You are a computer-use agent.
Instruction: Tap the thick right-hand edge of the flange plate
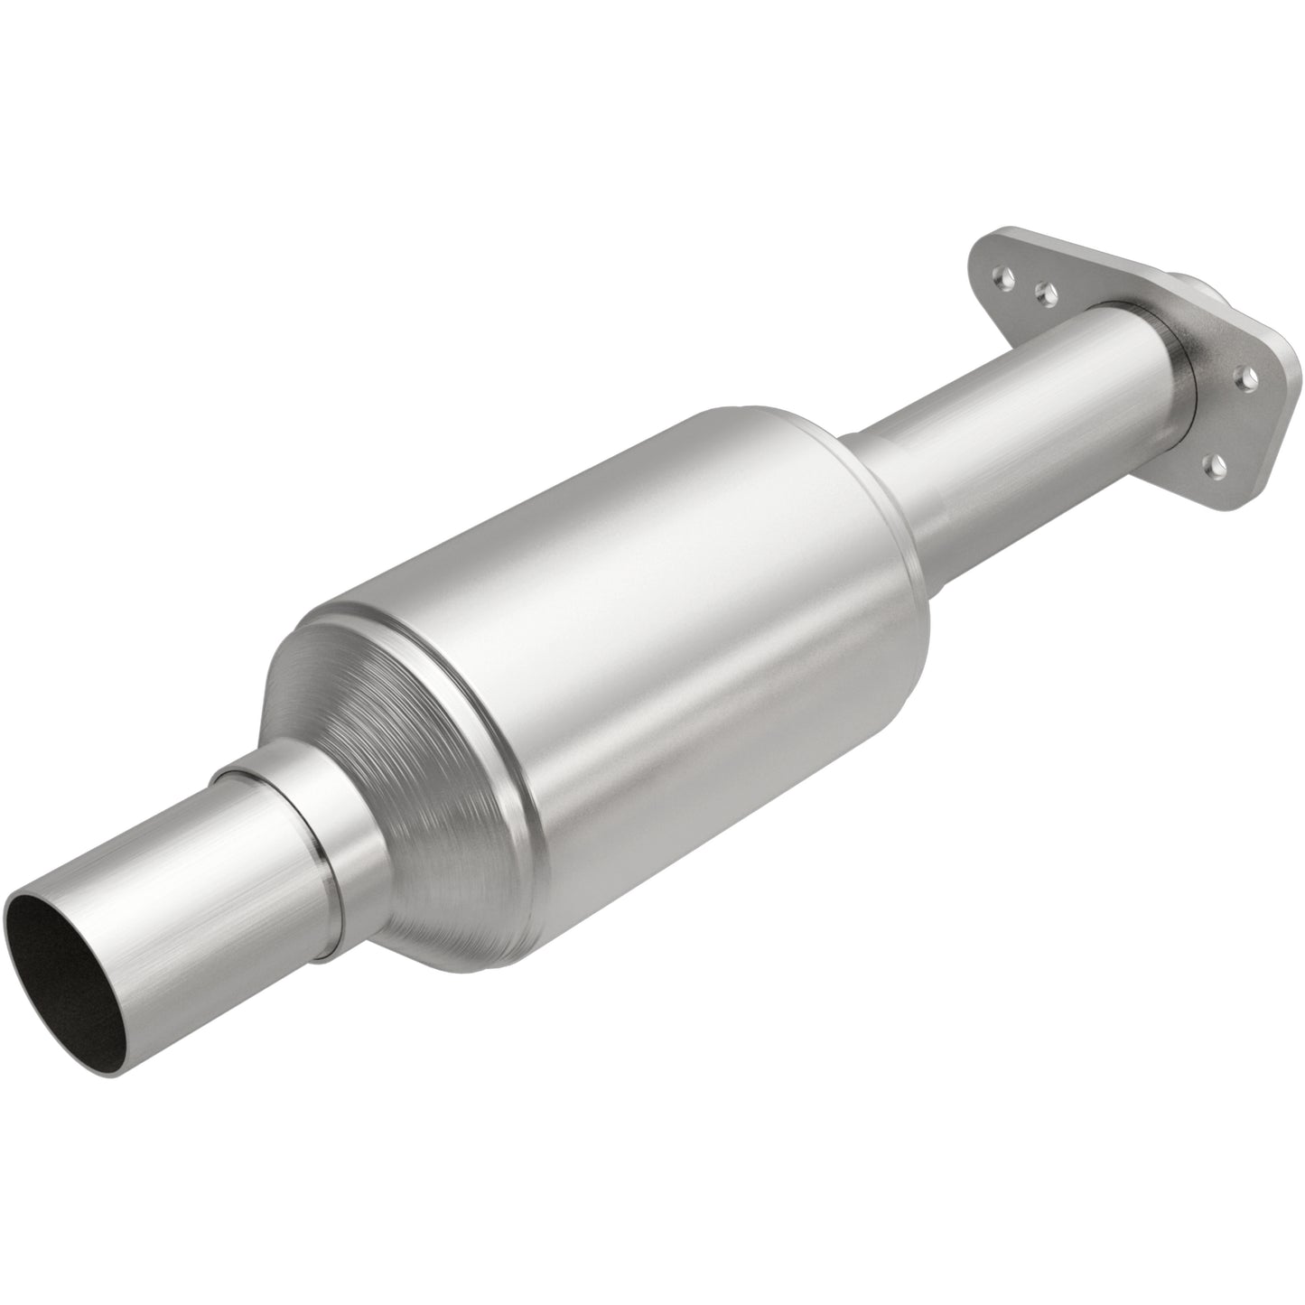[1273, 424]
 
